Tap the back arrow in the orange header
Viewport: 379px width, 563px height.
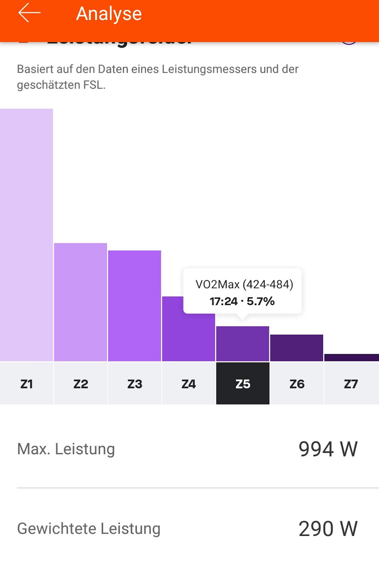[29, 13]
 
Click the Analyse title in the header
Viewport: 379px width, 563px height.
[109, 14]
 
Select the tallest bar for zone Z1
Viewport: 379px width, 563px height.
[26, 235]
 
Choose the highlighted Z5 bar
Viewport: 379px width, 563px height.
[242, 344]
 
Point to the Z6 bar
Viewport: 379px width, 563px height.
[297, 348]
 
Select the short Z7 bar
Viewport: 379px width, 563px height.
[351, 358]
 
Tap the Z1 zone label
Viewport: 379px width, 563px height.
[26, 384]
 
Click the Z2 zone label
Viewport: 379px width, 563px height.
[81, 384]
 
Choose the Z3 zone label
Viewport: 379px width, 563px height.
[134, 384]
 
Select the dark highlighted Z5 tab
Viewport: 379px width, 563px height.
[242, 384]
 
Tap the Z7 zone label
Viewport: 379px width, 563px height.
[351, 384]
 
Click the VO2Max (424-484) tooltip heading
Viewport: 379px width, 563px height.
[244, 284]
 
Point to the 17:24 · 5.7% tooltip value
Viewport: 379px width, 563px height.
[242, 301]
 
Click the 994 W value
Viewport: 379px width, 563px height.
[328, 449]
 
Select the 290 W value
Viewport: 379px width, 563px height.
[328, 529]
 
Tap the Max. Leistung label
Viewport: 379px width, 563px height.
[66, 449]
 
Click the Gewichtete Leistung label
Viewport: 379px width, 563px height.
[89, 529]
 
